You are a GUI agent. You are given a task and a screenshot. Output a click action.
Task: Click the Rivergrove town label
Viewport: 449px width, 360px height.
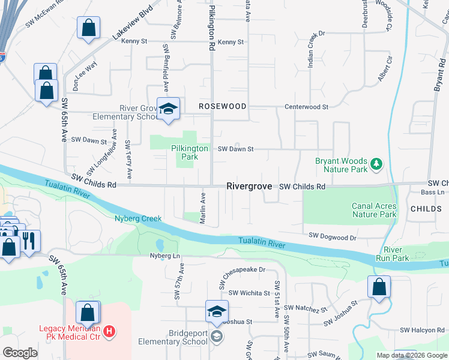click(x=249, y=187)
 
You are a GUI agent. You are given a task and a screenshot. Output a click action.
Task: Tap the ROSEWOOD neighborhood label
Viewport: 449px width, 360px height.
click(x=223, y=106)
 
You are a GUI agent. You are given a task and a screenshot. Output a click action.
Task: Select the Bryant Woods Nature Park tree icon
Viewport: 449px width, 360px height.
click(x=376, y=163)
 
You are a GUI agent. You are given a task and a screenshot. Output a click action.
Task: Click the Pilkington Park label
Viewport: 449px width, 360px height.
click(x=189, y=152)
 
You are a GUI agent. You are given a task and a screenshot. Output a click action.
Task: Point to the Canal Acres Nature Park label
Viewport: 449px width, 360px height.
click(x=374, y=210)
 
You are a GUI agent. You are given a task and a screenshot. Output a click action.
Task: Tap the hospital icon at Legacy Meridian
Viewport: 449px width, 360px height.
click(x=109, y=331)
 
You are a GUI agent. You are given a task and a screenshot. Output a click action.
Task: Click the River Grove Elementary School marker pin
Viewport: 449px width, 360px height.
click(x=168, y=109)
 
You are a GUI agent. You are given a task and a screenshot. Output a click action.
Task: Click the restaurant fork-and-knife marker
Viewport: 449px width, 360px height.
click(x=29, y=241)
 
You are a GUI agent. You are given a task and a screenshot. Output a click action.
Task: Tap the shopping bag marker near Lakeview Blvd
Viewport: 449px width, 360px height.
click(x=88, y=28)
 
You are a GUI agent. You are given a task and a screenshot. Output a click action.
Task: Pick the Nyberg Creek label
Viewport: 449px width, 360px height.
click(x=138, y=218)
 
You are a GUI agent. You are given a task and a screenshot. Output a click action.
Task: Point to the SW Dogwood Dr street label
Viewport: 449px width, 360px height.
click(x=333, y=238)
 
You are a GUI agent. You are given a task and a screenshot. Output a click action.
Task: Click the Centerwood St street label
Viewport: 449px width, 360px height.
click(x=307, y=107)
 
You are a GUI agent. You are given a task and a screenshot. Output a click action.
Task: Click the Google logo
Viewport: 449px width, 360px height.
click(x=20, y=353)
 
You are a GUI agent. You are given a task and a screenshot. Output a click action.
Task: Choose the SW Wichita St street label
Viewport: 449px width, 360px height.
click(x=249, y=293)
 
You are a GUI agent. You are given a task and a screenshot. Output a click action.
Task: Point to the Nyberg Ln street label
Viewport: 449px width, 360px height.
click(x=165, y=256)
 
